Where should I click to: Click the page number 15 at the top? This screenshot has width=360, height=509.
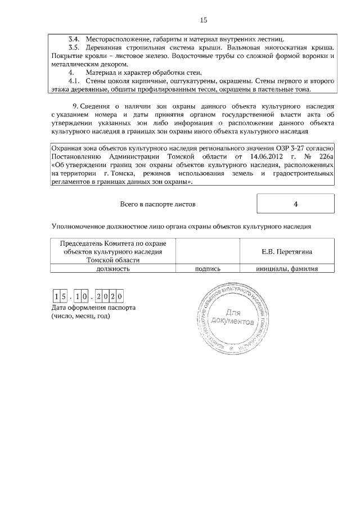point(204,20)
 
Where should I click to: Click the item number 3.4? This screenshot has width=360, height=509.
point(74,40)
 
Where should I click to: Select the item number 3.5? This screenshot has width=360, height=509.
point(74,48)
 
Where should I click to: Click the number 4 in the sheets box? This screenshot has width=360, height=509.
point(295,204)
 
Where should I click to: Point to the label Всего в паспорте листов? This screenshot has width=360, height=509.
point(158,204)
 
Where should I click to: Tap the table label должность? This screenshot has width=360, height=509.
point(113,269)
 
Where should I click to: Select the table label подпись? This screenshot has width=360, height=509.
point(207,269)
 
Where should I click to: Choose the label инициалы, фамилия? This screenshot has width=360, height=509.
point(287,269)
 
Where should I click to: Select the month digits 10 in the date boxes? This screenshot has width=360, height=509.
point(83,296)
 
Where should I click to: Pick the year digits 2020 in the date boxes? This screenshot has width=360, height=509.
point(109,296)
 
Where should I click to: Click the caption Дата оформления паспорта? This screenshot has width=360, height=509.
point(93,308)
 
